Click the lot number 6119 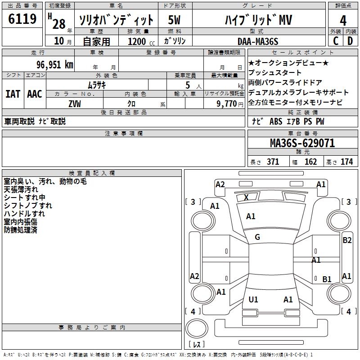coord(22,19)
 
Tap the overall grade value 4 coord(343,20)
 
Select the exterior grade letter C coord(336,41)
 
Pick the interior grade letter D coord(350,41)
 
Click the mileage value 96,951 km coord(55,65)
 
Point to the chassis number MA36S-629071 coord(302,143)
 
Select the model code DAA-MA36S coord(258,41)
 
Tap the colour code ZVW coord(75,104)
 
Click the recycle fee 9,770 coord(226,104)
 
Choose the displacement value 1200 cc coord(141,41)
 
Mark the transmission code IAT coord(13,94)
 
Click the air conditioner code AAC coord(35,94)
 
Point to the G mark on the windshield coord(257,237)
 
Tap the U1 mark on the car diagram coord(253,299)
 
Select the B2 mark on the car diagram coord(347,240)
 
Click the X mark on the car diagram coord(246,197)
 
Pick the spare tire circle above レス coord(197,328)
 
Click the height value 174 coord(346,162)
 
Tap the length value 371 coord(273,162)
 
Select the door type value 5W coord(174,20)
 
